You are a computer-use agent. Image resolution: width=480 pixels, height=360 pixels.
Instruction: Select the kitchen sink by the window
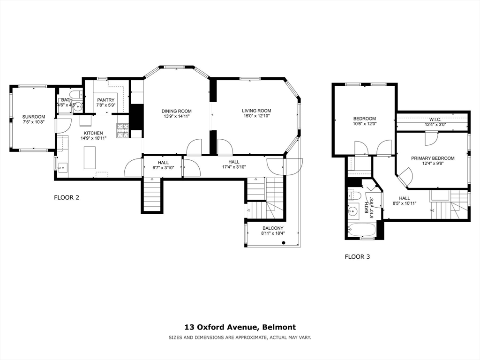(x=62, y=167)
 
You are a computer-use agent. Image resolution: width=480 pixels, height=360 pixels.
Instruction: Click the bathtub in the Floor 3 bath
(x=361, y=230)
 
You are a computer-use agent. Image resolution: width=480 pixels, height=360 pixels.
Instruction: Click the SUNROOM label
(x=33, y=117)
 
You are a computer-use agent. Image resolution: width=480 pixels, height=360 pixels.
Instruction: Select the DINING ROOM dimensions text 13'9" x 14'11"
(x=177, y=116)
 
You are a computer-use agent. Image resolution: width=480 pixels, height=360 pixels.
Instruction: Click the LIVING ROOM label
(x=256, y=111)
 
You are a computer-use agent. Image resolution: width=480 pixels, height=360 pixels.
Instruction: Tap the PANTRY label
(x=105, y=100)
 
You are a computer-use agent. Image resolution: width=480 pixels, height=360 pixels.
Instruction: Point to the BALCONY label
(x=272, y=228)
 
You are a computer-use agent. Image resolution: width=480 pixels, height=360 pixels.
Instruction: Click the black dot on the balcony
(x=284, y=242)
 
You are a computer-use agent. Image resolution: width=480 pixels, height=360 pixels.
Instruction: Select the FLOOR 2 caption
(x=67, y=197)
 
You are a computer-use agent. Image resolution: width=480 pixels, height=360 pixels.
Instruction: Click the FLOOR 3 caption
(x=357, y=256)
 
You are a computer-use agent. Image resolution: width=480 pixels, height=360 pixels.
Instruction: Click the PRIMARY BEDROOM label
(x=433, y=158)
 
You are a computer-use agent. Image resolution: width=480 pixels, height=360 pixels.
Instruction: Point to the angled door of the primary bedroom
(x=405, y=177)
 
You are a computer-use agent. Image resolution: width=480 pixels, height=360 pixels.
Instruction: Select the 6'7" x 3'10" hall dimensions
(x=163, y=168)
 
